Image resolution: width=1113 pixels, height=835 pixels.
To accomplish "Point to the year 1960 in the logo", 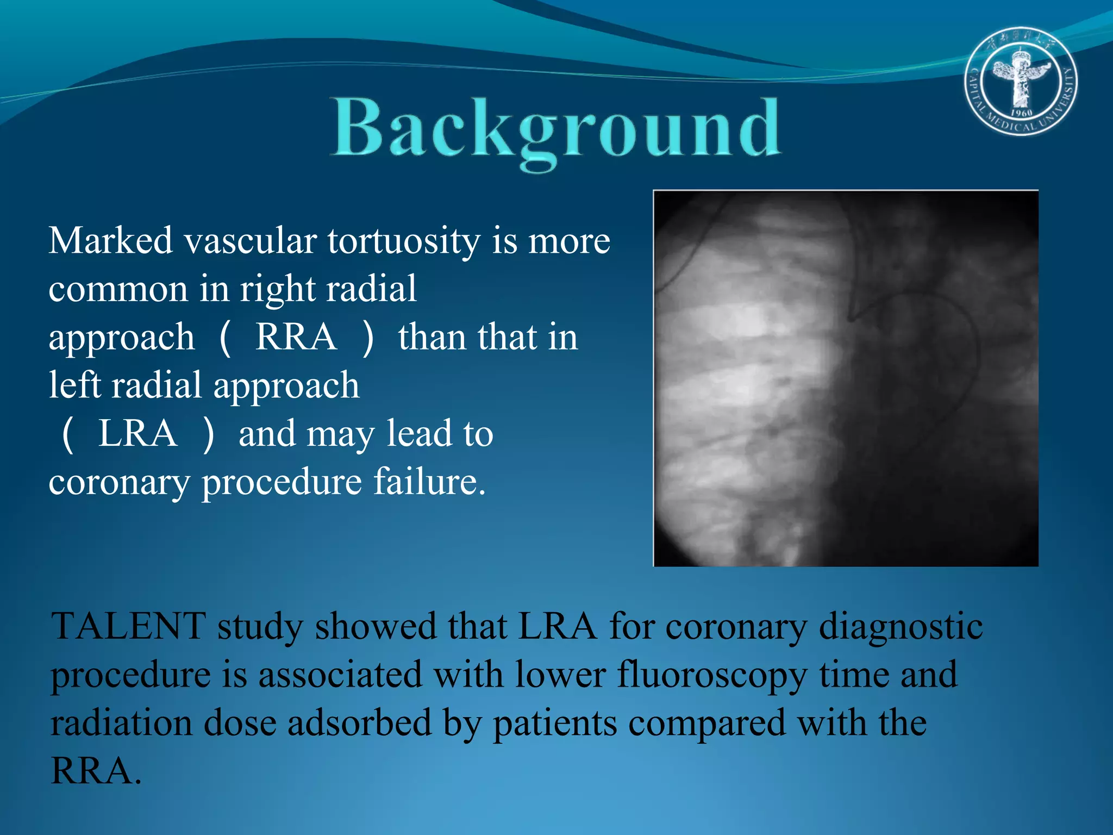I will tap(1021, 113).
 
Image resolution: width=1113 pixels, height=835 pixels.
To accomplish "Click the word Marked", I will tap(110, 240).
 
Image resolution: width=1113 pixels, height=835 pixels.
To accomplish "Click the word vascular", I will tap(251, 240).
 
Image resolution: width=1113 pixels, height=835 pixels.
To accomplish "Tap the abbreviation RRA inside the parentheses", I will tap(296, 337).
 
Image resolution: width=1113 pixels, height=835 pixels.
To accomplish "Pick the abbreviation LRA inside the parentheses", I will tap(137, 434).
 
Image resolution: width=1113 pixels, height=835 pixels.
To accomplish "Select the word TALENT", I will tap(128, 627).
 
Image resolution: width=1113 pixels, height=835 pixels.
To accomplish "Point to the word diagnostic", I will tap(901, 627).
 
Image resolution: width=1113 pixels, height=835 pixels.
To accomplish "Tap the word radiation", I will tap(121, 724).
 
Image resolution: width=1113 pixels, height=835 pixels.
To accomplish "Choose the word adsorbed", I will tap(359, 724).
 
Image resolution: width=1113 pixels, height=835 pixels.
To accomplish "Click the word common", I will tap(117, 289).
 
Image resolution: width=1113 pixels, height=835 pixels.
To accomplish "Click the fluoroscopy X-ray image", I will tap(846, 378).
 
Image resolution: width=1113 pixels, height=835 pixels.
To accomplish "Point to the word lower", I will tap(560, 675).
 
